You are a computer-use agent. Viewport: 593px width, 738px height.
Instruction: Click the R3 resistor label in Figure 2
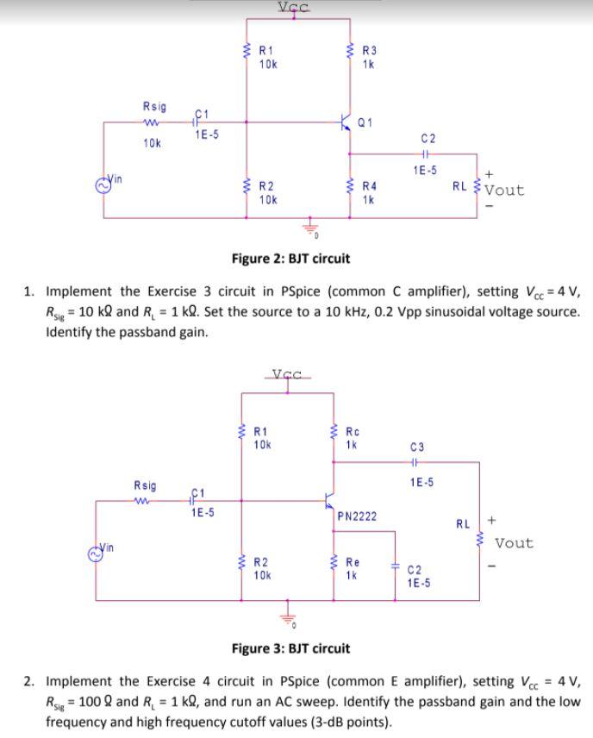tap(369, 50)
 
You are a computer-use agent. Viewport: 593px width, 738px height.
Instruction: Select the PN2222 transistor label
tap(355, 516)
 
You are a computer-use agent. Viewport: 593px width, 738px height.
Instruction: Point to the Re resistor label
tap(353, 561)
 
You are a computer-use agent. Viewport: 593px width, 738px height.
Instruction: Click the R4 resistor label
tap(369, 185)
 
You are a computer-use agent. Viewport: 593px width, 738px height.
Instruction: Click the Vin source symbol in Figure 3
tap(99, 552)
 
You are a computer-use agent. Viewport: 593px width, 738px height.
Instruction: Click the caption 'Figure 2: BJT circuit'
tap(290, 259)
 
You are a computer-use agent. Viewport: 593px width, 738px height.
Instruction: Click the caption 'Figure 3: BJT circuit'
tap(290, 648)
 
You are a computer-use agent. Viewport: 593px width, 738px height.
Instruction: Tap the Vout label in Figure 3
tap(514, 543)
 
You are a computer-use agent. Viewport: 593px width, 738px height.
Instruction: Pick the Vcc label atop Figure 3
tap(287, 374)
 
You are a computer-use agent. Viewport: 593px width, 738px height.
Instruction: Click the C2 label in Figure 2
tap(428, 138)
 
